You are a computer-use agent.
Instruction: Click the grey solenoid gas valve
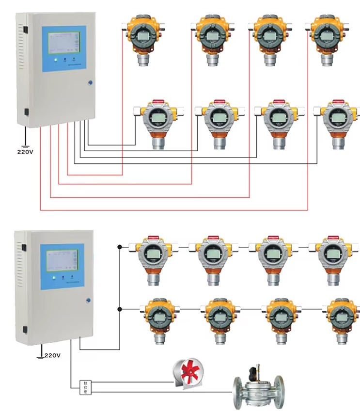click(257, 388)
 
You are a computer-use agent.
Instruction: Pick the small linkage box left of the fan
click(84, 386)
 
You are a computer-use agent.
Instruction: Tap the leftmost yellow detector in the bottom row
click(158, 318)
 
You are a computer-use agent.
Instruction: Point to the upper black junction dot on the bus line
click(120, 246)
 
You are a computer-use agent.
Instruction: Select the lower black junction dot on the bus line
click(120, 309)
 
